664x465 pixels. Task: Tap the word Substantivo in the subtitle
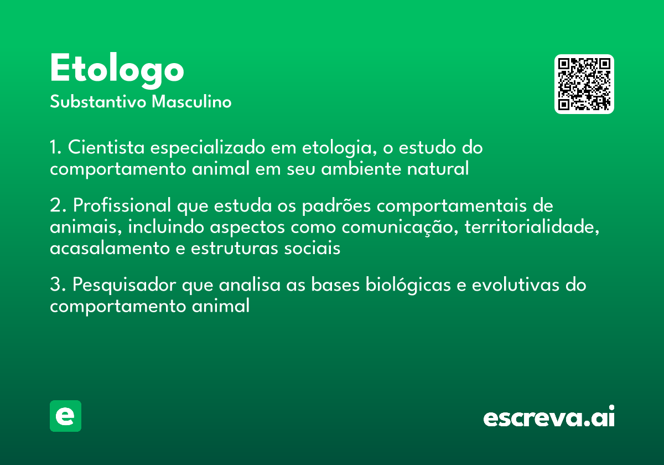[98, 102]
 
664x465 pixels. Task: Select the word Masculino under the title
[191, 102]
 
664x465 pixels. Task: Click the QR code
[584, 84]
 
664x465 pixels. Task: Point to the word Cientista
[106, 147]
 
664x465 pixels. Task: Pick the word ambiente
[361, 168]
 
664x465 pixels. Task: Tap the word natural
[438, 168]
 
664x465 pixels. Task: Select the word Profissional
[122, 205]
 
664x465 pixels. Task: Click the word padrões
[336, 206]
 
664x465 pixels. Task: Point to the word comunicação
[400, 228]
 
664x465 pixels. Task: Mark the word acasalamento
[110, 248]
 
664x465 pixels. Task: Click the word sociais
[312, 248]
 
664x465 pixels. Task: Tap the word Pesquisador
[124, 285]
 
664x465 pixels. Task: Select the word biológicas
[408, 285]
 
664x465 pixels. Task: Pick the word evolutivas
[516, 285]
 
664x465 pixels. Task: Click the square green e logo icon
[65, 416]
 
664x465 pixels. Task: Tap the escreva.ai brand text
[549, 416]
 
